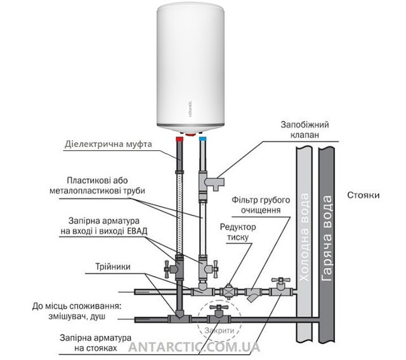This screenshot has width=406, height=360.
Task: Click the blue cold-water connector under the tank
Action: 202,136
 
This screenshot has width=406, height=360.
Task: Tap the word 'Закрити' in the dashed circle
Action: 219,331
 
